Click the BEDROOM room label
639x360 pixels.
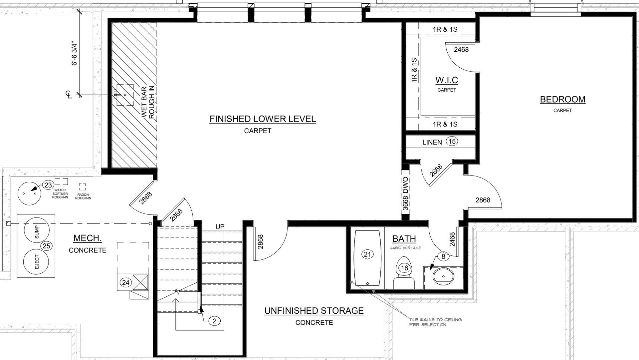click(x=562, y=99)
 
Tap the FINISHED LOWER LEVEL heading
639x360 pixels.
click(x=263, y=119)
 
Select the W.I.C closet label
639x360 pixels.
click(x=447, y=80)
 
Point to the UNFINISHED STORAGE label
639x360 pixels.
click(x=314, y=311)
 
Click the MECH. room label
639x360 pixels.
click(x=87, y=238)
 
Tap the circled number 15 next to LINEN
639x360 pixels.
click(x=452, y=141)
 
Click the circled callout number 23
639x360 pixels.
click(x=48, y=185)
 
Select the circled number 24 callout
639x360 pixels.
click(x=125, y=283)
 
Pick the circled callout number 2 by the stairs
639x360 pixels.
click(x=215, y=321)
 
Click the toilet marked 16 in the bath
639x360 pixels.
click(x=404, y=272)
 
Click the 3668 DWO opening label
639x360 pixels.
click(x=405, y=193)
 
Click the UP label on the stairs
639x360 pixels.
click(x=220, y=227)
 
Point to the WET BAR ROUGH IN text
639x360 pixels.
click(x=148, y=102)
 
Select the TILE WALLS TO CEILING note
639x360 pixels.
click(x=435, y=322)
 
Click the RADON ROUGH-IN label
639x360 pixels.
click(x=83, y=196)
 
